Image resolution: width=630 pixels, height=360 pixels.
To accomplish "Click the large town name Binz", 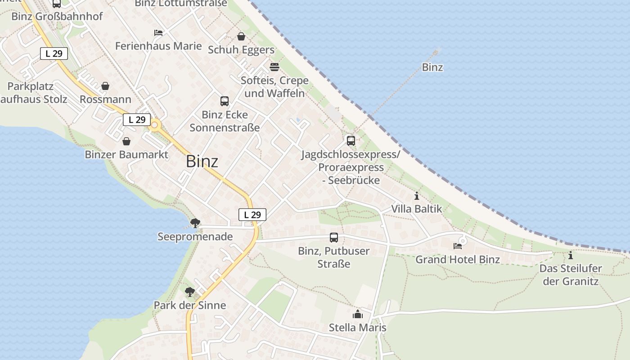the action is click(202, 162).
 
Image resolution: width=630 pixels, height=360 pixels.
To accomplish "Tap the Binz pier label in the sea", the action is click(432, 67).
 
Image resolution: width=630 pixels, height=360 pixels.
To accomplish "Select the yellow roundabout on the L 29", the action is click(155, 125).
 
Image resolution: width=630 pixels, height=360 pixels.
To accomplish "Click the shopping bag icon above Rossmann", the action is click(105, 86).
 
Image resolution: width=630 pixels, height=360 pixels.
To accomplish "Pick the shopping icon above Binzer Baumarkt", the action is click(126, 141).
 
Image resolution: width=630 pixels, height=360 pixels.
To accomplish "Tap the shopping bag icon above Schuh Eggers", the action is click(241, 36).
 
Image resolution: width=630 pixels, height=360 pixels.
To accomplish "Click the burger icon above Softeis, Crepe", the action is click(274, 67).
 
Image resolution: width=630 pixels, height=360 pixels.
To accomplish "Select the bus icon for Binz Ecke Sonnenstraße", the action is click(225, 101).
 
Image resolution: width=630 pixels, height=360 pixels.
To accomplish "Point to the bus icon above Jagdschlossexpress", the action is click(351, 140).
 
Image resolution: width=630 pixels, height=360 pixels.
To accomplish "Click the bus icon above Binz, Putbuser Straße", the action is click(334, 238).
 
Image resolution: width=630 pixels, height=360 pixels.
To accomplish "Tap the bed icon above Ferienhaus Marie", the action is click(158, 32).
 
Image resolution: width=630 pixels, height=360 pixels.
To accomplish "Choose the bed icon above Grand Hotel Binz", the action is click(458, 246).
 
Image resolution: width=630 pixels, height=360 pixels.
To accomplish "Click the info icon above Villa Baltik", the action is click(417, 196).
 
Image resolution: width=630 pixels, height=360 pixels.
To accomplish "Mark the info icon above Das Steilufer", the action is click(571, 255).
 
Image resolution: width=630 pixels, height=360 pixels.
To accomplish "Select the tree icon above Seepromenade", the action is click(195, 223).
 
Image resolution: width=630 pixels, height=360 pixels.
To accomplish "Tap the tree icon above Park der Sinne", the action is click(190, 292).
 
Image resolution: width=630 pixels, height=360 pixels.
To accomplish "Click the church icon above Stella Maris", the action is click(358, 314).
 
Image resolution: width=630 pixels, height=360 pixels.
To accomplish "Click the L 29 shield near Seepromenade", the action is click(252, 215).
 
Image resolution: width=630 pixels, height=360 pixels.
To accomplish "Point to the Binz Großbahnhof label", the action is click(57, 16).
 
